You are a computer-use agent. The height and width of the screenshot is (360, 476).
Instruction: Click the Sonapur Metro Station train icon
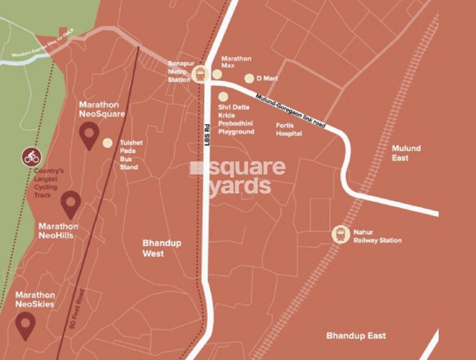tap(200, 74)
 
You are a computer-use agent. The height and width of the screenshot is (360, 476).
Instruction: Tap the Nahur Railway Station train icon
tap(340, 234)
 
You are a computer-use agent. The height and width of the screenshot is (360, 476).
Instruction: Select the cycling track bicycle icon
tap(31, 157)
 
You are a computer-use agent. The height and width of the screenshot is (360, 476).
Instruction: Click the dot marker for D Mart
tap(249, 79)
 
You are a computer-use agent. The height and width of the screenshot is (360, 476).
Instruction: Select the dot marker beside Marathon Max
tap(217, 74)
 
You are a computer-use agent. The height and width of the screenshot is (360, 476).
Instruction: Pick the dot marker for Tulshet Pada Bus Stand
tap(107, 143)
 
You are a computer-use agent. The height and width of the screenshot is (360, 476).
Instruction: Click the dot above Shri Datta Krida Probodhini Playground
tap(223, 96)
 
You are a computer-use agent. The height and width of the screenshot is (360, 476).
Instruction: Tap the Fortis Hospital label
tap(289, 130)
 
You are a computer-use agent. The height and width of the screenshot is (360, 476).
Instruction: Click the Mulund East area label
tap(406, 153)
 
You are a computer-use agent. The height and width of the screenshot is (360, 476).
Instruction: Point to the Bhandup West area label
tap(162, 248)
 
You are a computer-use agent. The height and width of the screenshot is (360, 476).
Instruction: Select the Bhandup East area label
tap(356, 336)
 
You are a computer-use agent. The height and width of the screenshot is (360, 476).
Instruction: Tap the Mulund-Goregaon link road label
tap(291, 111)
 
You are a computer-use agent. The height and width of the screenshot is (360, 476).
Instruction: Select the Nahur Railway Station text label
tap(377, 236)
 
